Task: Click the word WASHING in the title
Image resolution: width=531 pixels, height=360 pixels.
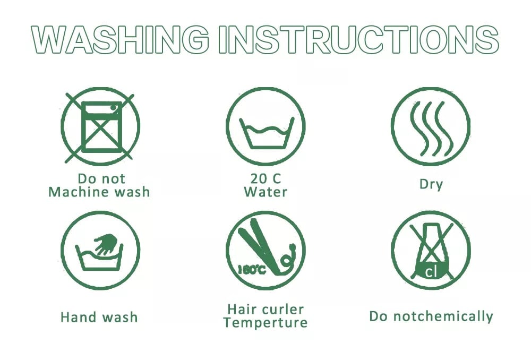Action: [x=120, y=40]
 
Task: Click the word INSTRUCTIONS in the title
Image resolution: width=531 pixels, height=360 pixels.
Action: [x=358, y=40]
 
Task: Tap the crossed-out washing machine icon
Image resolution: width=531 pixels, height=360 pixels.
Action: [x=100, y=127]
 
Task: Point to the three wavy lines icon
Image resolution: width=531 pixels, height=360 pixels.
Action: [x=431, y=128]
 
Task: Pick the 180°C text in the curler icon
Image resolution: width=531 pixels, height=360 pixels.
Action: [x=252, y=270]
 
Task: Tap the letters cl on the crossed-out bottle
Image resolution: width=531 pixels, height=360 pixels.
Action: [x=431, y=272]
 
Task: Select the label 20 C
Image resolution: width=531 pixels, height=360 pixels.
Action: [x=266, y=178]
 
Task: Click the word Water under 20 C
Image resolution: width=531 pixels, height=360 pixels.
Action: [x=265, y=192]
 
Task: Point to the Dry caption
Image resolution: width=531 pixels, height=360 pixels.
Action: [x=431, y=185]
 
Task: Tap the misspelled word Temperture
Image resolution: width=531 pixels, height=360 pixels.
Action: [x=265, y=323]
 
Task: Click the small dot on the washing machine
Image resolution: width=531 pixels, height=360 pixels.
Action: [x=114, y=108]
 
